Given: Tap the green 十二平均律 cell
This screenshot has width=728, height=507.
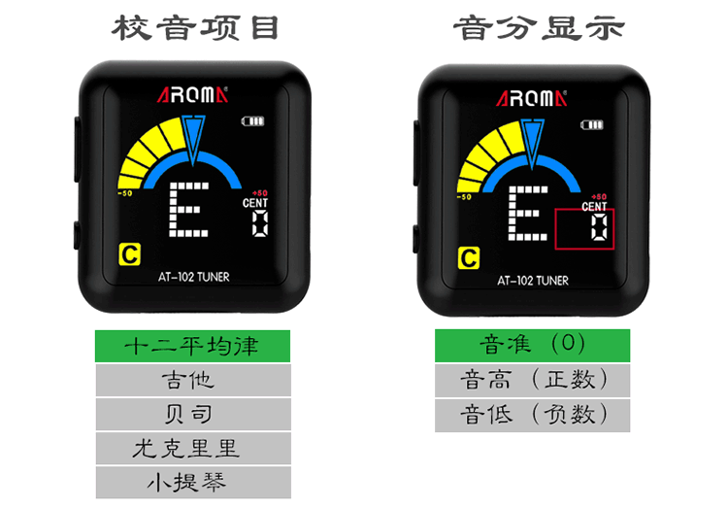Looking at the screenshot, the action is [193, 346].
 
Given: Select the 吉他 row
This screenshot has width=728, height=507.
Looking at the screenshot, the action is [193, 380].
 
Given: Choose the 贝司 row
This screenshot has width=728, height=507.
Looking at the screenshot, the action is [193, 415].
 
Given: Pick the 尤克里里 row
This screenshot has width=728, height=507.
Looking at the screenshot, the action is [193, 449].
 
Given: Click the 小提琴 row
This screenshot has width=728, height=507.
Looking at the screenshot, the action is [193, 482].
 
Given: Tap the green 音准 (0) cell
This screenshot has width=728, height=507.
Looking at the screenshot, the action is [532, 345].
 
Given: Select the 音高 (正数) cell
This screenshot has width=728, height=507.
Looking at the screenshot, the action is [532, 380].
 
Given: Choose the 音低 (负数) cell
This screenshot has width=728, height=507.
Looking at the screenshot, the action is [532, 415].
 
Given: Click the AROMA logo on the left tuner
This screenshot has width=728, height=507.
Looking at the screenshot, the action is [192, 95].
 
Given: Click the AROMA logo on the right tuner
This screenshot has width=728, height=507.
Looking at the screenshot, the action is [532, 96].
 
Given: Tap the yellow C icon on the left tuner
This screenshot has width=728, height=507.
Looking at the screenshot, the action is [129, 255].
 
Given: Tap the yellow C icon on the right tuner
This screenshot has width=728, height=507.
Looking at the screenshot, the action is [469, 257].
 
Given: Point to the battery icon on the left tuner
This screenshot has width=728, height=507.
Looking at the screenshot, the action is [252, 122].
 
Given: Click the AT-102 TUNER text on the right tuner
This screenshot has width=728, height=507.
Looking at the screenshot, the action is [533, 281].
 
